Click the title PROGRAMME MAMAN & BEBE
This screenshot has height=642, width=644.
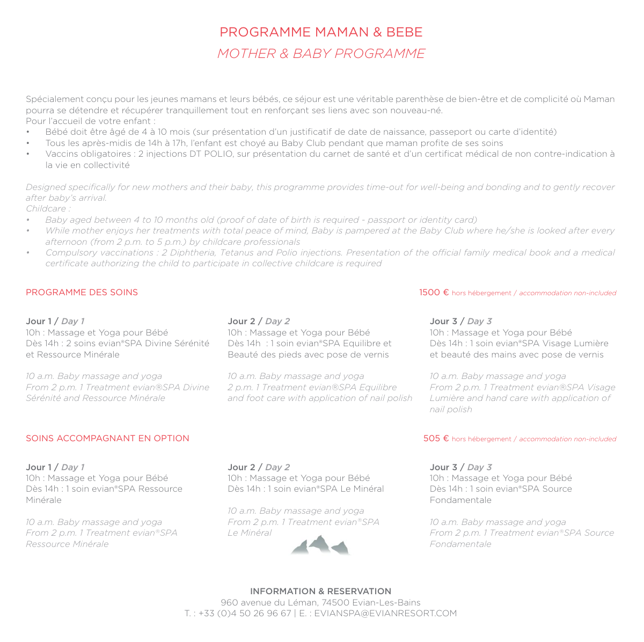[321, 32]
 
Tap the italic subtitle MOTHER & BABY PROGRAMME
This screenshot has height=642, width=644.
[321, 54]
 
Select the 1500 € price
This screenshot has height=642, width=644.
[434, 293]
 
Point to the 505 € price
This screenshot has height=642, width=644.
[436, 439]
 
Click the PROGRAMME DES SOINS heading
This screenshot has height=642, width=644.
[82, 293]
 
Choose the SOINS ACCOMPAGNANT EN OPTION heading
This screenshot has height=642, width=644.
[107, 439]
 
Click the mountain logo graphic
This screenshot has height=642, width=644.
[320, 545]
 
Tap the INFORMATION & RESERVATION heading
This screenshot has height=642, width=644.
[320, 591]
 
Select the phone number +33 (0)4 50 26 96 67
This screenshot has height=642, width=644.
[245, 614]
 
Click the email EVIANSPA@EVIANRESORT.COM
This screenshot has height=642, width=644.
[385, 614]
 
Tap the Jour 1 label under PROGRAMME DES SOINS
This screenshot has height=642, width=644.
[39, 322]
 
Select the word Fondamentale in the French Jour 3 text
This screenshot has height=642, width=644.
[460, 500]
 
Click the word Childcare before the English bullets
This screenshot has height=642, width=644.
[47, 209]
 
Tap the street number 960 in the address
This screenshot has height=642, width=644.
[229, 603]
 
